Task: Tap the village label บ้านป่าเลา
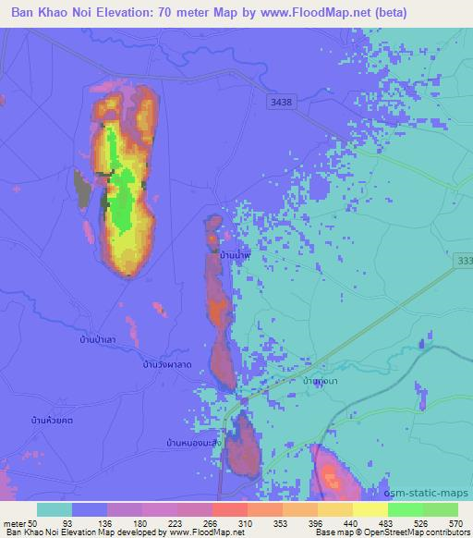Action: point(98,341)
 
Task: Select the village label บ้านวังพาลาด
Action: point(167,365)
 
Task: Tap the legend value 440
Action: point(349,522)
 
